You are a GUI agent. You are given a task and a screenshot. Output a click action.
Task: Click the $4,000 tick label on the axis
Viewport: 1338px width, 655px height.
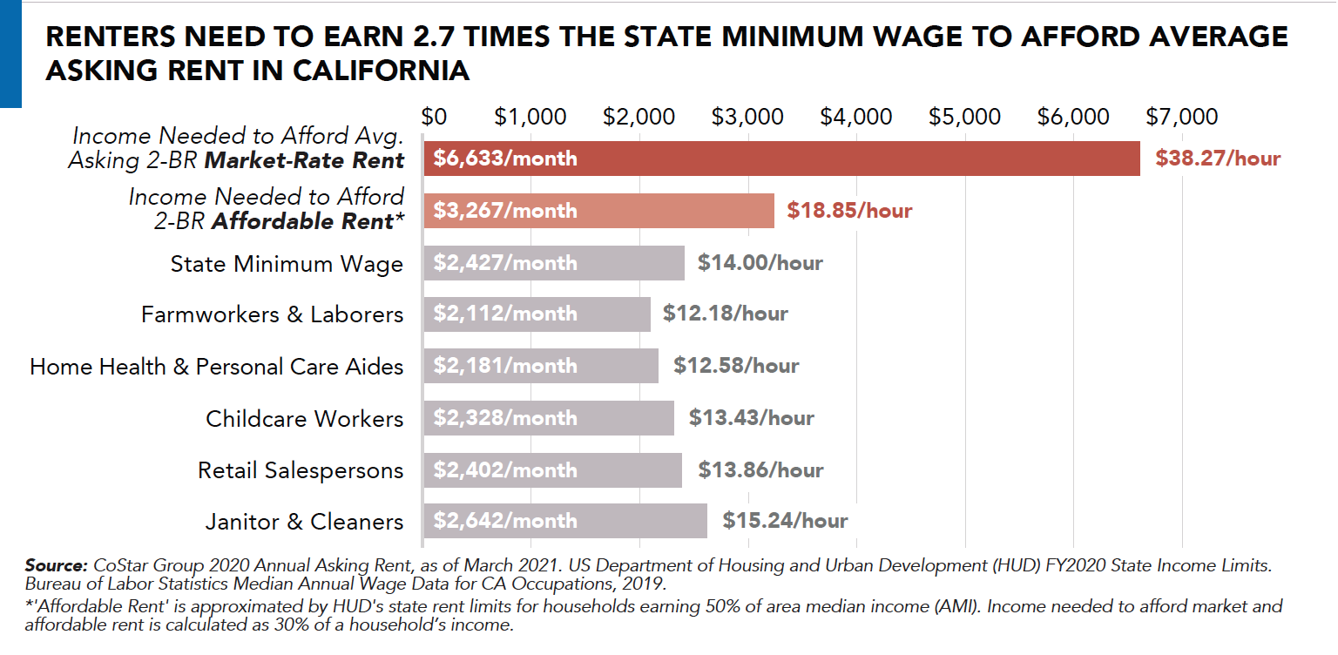855,117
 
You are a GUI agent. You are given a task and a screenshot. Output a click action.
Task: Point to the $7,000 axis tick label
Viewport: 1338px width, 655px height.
1181,117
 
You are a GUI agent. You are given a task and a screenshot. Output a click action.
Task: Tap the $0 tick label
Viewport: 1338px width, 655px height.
434,117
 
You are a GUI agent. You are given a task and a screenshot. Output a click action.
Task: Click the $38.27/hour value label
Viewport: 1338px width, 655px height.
1218,159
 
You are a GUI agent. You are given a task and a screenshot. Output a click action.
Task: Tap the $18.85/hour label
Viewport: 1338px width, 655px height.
849,211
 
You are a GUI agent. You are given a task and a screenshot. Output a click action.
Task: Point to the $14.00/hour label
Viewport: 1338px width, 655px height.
760,262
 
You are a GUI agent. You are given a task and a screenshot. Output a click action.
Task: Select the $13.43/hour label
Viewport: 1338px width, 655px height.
751,418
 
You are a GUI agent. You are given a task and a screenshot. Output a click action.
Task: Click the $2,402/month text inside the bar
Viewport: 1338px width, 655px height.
505,470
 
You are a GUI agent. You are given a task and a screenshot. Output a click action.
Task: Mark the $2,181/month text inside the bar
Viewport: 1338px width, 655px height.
505,366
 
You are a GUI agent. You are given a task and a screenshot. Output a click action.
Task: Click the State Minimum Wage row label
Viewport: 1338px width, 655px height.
287,264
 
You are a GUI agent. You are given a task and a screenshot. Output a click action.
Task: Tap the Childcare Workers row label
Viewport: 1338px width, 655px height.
304,419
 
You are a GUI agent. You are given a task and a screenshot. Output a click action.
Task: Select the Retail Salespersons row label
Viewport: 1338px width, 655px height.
301,471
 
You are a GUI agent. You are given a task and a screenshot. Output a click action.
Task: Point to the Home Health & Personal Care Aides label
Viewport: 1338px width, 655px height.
216,367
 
